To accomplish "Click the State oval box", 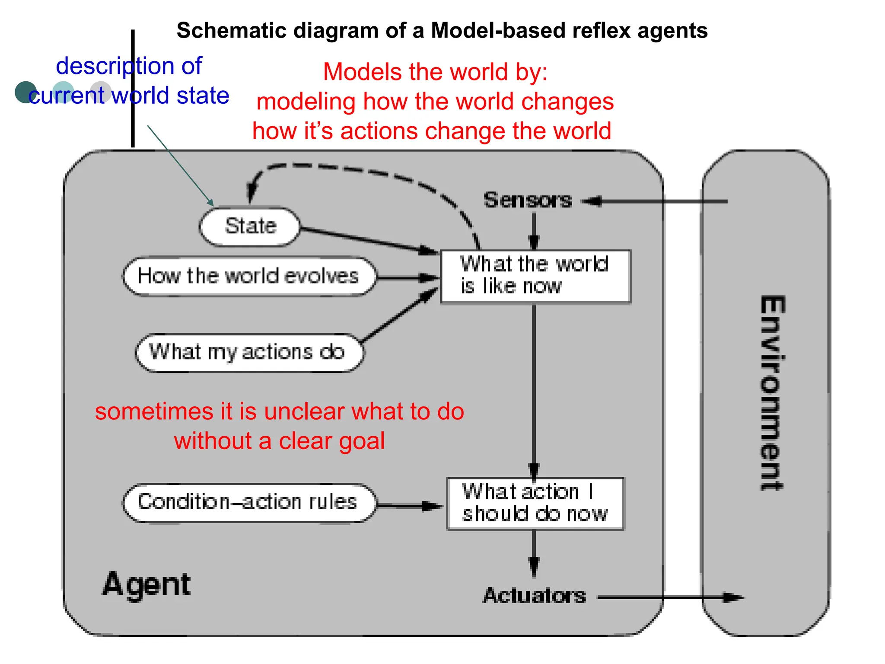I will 250,227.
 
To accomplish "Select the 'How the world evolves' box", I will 248,277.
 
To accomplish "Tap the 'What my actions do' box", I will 248,352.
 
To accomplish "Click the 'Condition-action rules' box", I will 248,503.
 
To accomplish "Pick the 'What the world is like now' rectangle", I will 535,276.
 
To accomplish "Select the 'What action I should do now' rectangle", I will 535,504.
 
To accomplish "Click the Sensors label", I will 527,200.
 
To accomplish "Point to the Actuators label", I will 534,596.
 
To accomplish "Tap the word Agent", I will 146,584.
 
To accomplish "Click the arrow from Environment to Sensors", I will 657,201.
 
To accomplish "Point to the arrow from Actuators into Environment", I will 670,597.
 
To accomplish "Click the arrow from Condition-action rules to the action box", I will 408,506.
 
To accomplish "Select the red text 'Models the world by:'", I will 435,72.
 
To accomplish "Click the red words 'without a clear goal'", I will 279,441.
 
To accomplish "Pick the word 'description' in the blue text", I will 114,66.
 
